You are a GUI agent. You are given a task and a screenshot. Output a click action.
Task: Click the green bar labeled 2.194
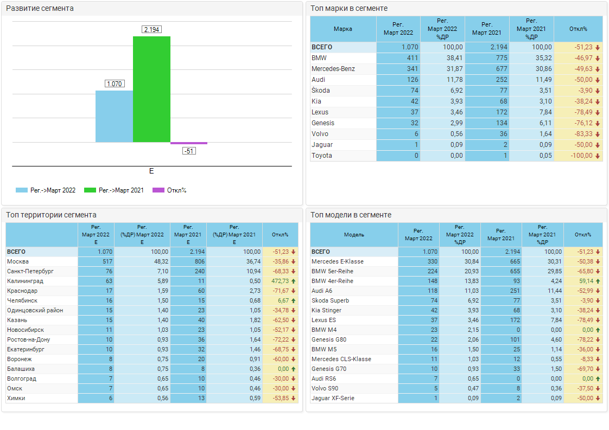coord(151,89)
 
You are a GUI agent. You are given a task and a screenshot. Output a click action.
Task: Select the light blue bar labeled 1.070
coord(114,116)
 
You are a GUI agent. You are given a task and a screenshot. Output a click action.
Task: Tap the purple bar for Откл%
coord(189,143)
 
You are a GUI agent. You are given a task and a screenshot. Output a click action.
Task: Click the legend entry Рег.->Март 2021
coord(114,190)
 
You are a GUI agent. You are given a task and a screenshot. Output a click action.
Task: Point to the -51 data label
coord(189,151)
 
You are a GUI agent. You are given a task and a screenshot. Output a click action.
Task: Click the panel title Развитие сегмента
coord(40,8)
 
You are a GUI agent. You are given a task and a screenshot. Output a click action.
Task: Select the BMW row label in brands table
coord(319,58)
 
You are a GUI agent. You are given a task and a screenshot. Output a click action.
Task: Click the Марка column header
coord(343,29)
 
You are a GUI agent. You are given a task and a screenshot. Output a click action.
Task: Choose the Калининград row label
coord(25,281)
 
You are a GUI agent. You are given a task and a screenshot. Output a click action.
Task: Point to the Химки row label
coord(16,398)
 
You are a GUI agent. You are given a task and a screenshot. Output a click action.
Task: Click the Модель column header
coord(354,235)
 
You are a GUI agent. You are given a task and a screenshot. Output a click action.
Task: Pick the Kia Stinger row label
coord(326,310)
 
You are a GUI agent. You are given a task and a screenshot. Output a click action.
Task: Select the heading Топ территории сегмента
coord(51,215)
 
